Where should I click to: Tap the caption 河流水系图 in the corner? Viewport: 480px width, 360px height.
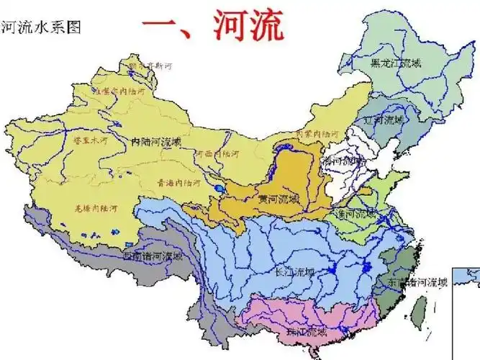41,27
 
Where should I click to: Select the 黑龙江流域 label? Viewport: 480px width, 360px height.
395,63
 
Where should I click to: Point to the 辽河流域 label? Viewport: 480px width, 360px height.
384,120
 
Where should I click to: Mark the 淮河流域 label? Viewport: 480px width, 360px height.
356,214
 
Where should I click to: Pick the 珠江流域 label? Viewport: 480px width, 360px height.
307,333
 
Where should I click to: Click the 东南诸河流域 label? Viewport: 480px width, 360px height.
418,282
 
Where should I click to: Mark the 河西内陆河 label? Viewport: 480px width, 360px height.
217,153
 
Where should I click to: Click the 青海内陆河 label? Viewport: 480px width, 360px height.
176,183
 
